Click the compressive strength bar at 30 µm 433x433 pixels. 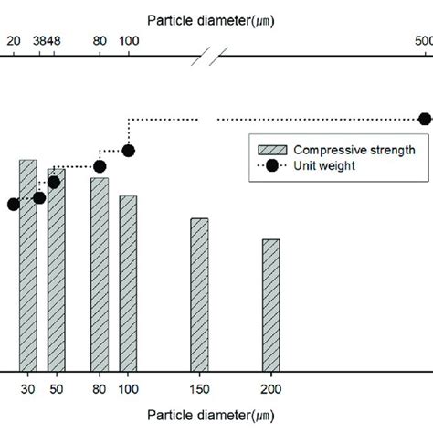click(28, 265)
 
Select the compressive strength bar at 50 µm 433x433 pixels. click(56, 274)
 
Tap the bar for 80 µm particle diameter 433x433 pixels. click(99, 274)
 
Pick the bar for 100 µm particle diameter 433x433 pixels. click(128, 283)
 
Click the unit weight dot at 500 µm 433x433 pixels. click(424, 119)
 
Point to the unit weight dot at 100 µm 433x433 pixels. click(128, 151)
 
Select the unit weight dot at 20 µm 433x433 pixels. click(13, 205)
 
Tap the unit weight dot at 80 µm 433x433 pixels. click(100, 166)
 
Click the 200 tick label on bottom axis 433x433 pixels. click(271, 389)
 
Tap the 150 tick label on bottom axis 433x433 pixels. click(198, 389)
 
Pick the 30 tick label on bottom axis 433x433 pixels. click(28, 389)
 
